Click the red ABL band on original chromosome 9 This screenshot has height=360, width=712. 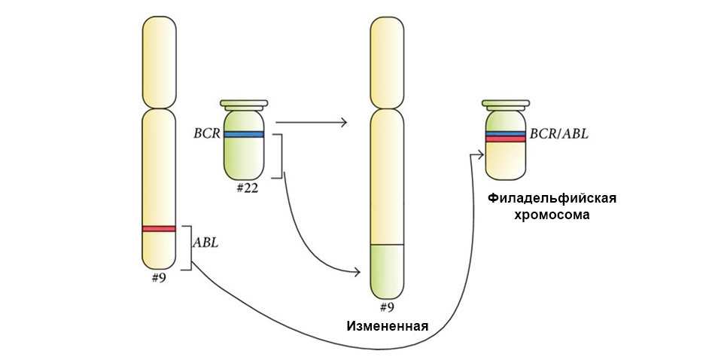click(159, 228)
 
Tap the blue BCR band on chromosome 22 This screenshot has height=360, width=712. click(243, 134)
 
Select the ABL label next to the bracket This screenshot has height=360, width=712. click(205, 243)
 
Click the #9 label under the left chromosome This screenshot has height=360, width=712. click(160, 277)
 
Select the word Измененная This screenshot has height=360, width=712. click(388, 326)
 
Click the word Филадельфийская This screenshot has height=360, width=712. click(552, 199)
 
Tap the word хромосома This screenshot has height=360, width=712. click(552, 215)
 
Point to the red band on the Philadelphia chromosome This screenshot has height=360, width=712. click(505, 139)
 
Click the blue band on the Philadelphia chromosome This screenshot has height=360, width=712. click(505, 133)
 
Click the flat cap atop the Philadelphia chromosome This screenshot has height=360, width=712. click(505, 103)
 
